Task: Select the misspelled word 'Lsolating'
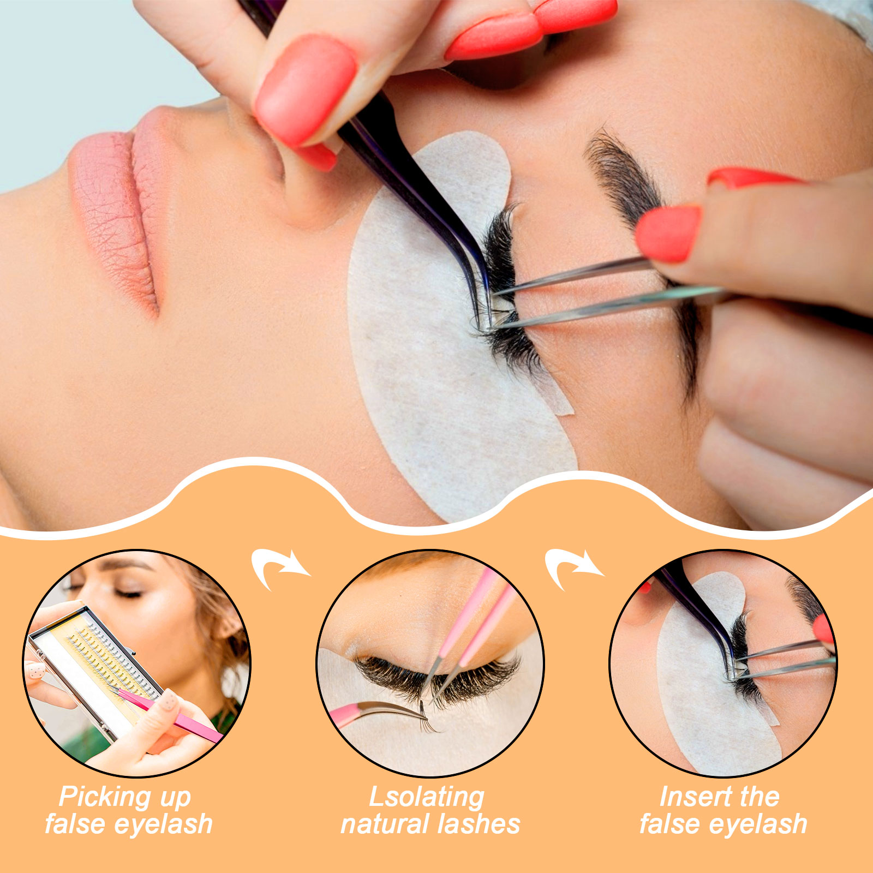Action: coord(427,797)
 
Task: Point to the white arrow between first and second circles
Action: coord(279,569)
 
